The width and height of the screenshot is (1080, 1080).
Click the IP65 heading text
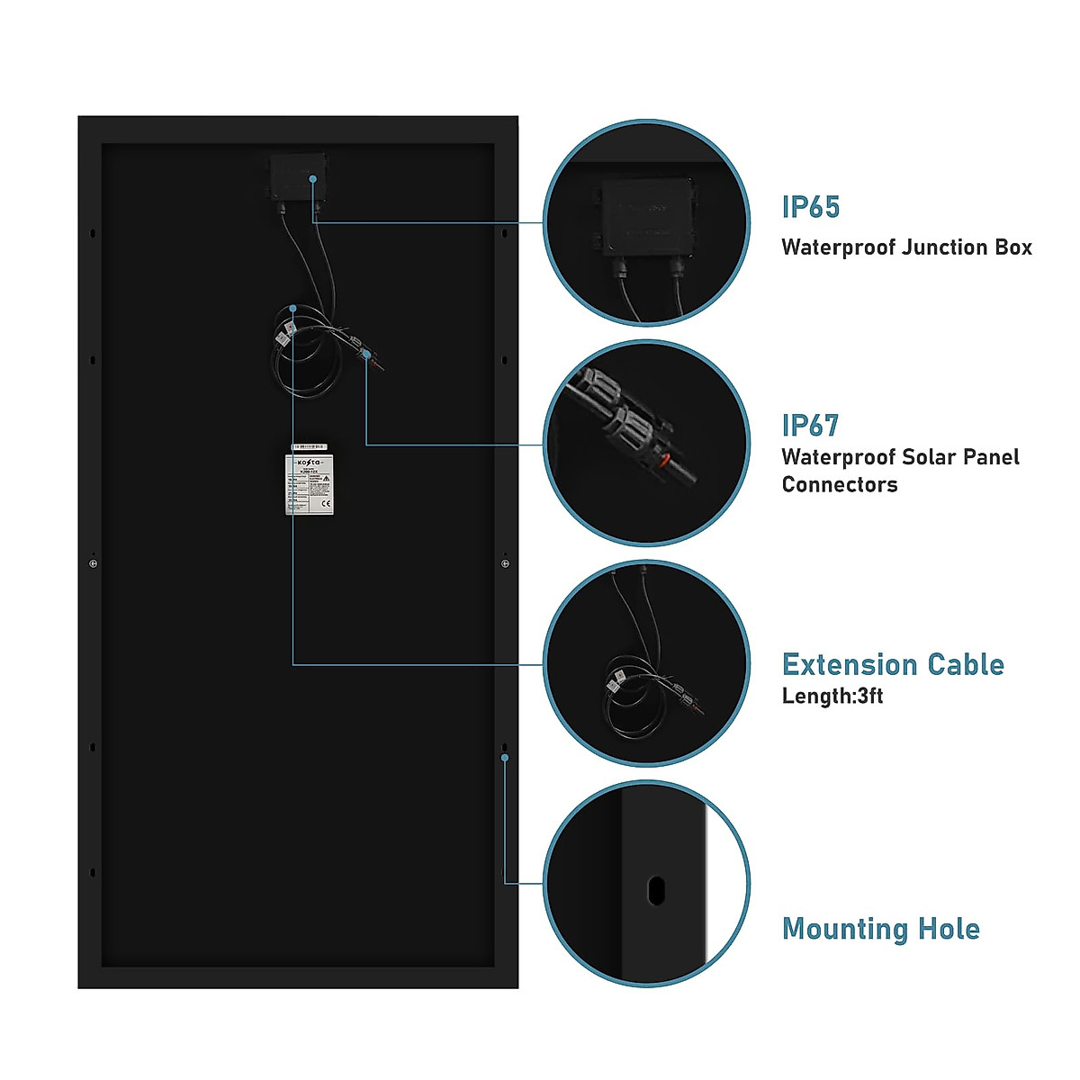[810, 207]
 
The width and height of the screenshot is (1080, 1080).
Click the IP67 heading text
[810, 425]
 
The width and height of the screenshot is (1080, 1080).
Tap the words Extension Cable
[893, 664]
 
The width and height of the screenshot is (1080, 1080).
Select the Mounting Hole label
[880, 928]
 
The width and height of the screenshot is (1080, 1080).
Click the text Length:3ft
[832, 696]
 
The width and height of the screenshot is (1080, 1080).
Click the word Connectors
[839, 484]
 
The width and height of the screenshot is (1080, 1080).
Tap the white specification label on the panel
[310, 485]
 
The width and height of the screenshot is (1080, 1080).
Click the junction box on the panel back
[296, 177]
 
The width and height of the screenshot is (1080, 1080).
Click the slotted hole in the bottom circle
[655, 890]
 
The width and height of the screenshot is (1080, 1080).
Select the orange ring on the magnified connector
[663, 462]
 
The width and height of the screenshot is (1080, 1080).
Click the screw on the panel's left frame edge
[94, 563]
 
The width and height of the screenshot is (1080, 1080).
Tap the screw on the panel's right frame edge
[505, 563]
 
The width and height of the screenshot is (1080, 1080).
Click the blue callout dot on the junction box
[313, 179]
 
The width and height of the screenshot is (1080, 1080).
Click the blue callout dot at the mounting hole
[505, 758]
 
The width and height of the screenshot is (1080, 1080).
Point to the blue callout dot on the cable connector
[366, 355]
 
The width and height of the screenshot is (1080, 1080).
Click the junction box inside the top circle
[647, 219]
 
